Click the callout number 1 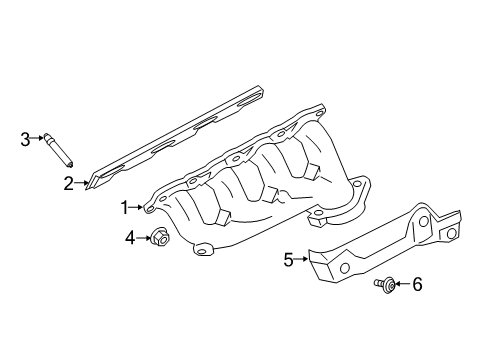(126, 207)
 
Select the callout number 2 (69, 183)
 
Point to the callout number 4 (130, 238)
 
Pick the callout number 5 (288, 260)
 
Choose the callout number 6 (417, 285)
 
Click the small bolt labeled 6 (384, 286)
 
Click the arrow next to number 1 (139, 208)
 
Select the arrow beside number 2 (81, 184)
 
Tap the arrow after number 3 (38, 140)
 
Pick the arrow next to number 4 (142, 238)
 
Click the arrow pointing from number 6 (402, 286)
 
